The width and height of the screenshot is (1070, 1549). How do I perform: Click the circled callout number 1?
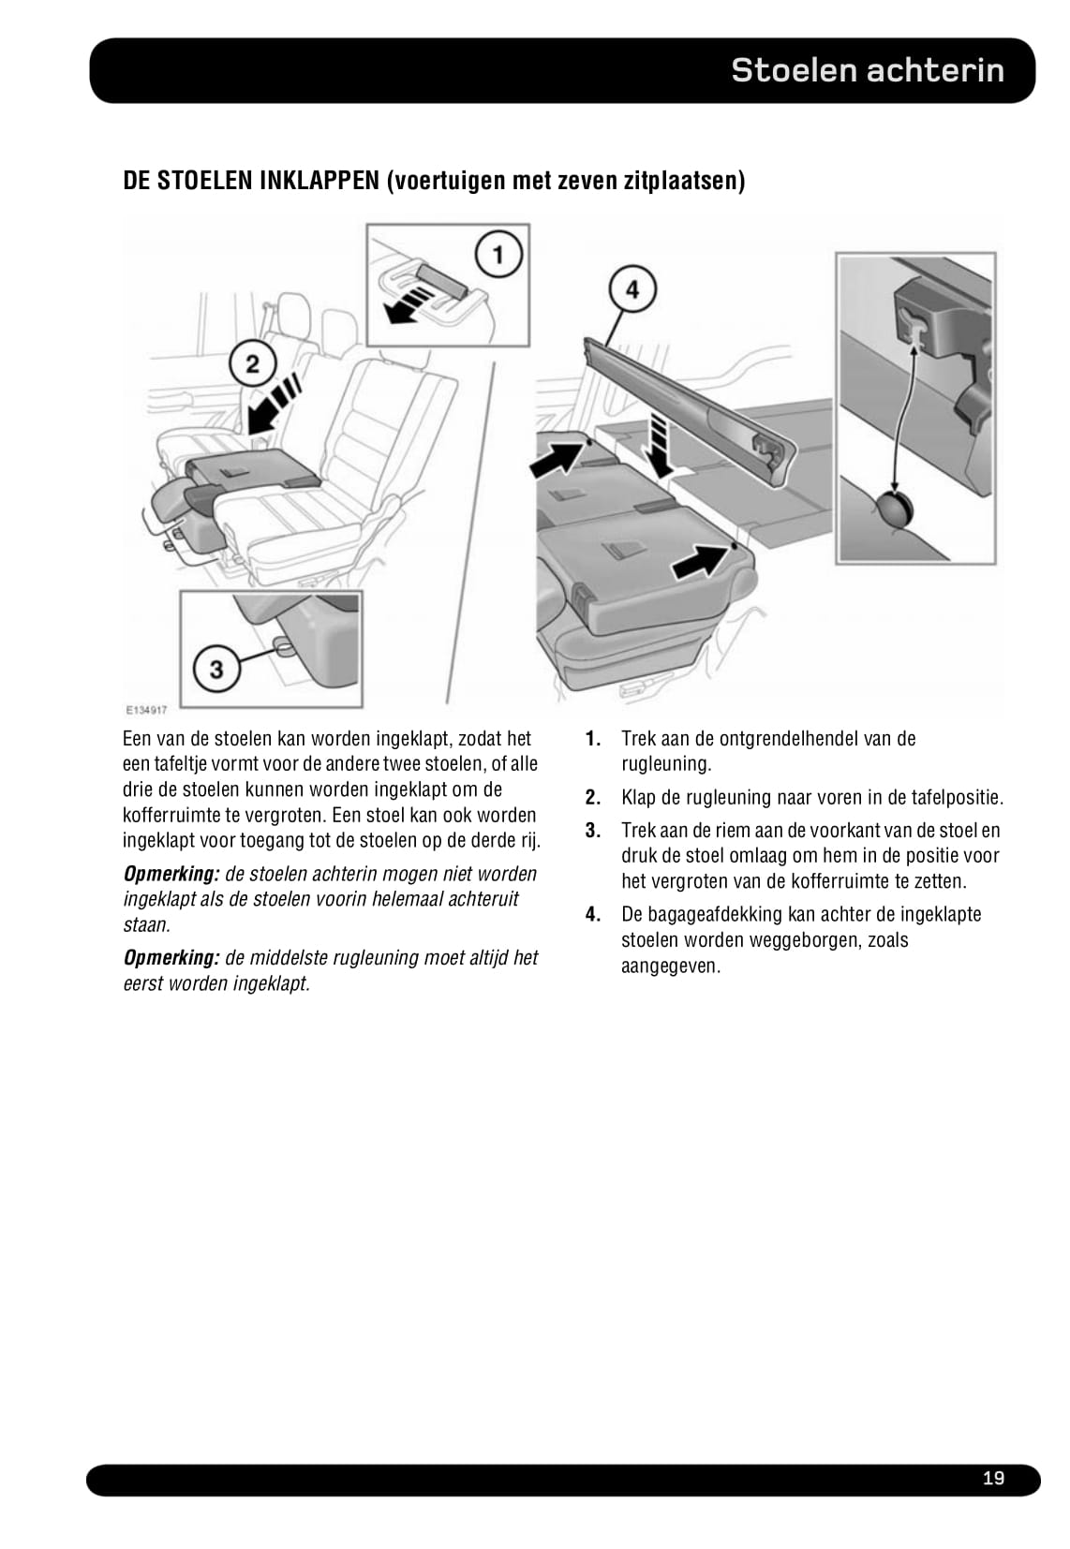tap(498, 255)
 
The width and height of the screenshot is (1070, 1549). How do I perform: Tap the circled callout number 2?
tap(252, 363)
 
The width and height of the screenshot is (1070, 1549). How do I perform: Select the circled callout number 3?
tap(216, 669)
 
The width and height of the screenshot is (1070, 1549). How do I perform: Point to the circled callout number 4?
tap(632, 289)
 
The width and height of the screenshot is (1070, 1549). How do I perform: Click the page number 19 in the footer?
tap(993, 1478)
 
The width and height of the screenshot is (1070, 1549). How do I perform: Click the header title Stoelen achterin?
tap(867, 70)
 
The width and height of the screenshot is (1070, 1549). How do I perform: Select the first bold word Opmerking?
tap(171, 874)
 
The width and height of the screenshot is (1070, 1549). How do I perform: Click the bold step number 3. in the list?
tap(592, 831)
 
